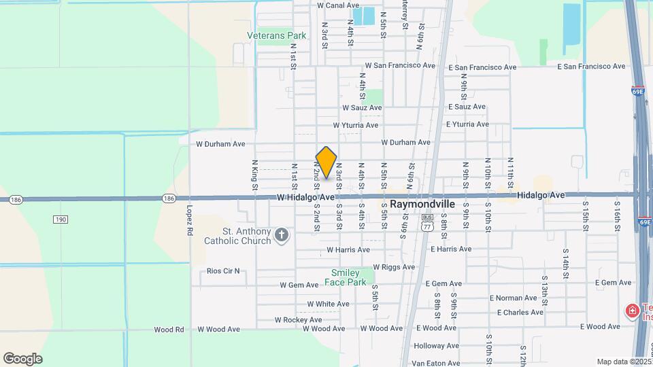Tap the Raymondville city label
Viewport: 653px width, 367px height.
[422, 203]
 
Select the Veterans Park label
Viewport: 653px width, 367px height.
[277, 35]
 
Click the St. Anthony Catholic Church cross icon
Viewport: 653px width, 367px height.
[282, 236]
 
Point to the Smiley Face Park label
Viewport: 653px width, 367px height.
[348, 277]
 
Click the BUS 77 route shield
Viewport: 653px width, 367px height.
[426, 222]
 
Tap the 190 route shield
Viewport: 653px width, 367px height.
[61, 219]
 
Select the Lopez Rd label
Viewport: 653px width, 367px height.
[188, 221]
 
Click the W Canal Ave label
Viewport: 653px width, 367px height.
[338, 5]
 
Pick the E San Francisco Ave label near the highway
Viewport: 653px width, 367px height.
[591, 67]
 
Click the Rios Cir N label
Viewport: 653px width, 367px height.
[223, 270]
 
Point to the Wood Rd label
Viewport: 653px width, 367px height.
[169, 330]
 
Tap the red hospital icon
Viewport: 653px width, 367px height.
[632, 311]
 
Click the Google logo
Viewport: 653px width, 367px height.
[22, 358]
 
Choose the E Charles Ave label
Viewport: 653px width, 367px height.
[520, 313]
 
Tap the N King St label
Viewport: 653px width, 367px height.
[254, 175]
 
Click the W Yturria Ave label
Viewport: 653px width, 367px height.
[355, 126]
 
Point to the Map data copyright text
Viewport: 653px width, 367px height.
[622, 362]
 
